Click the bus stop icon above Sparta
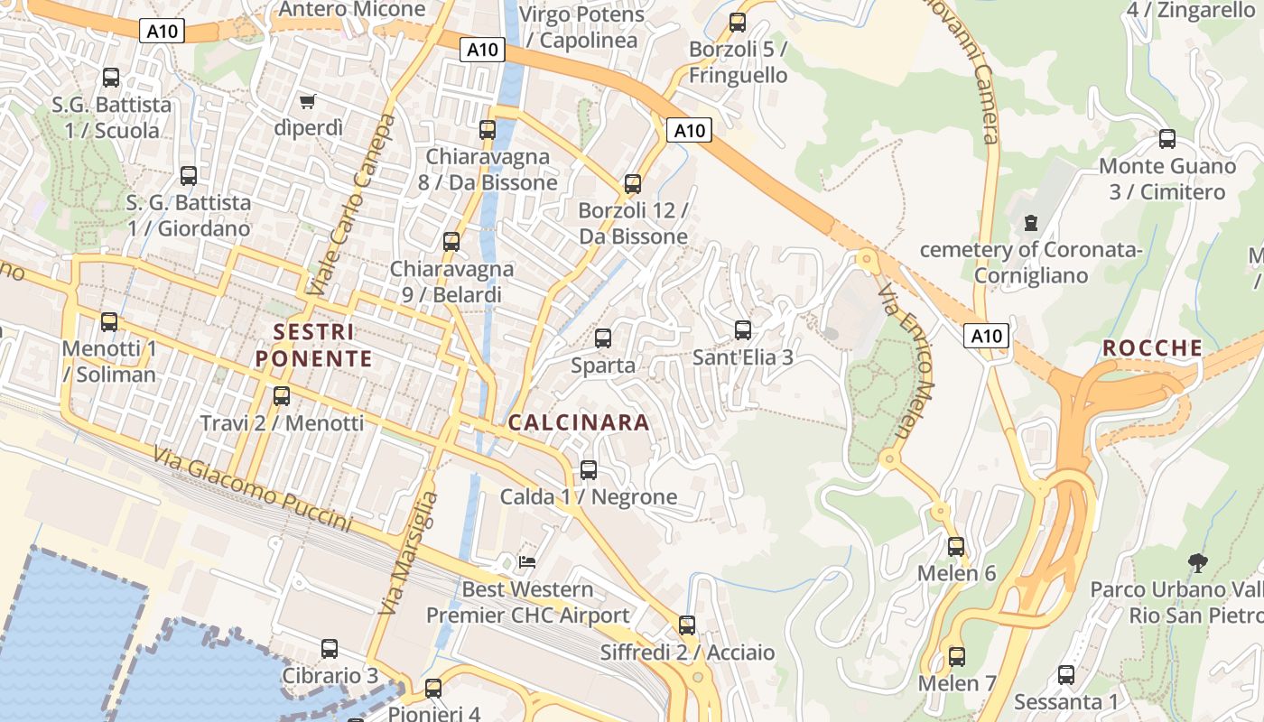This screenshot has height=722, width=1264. [603, 338]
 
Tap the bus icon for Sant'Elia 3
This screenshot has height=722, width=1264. [743, 330]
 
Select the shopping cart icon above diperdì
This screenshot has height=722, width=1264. [309, 101]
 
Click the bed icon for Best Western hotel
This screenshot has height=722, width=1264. [527, 562]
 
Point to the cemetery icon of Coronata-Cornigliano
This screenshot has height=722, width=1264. [1030, 222]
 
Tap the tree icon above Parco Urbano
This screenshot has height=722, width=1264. [1198, 563]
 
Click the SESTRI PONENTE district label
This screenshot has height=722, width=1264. [313, 346]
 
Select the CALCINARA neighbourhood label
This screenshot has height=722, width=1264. [579, 422]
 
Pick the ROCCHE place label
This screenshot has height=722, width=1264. [1153, 348]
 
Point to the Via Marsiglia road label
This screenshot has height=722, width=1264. [408, 553]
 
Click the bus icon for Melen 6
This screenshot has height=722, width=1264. [956, 547]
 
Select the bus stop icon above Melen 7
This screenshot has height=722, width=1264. [957, 657]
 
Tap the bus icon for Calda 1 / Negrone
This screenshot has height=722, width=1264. [589, 470]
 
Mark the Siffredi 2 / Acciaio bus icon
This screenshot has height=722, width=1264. [687, 625]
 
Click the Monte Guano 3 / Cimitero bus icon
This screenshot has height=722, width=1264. [1167, 139]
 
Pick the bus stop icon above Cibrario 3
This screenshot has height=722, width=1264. [330, 649]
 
